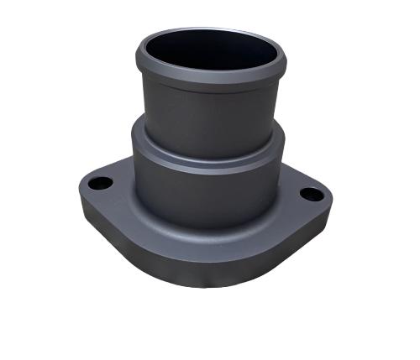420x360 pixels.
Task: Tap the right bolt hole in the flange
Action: click(x=311, y=194)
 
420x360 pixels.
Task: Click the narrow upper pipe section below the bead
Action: click(x=210, y=113)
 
